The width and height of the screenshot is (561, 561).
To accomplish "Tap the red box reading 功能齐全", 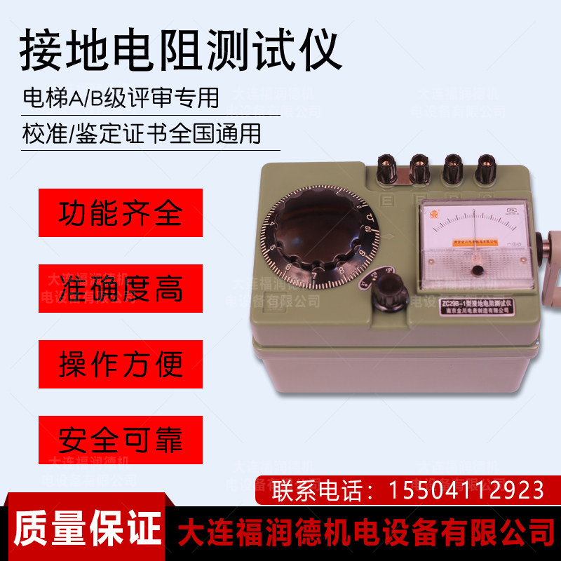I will (121, 212).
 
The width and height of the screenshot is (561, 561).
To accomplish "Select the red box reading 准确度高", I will (121, 288).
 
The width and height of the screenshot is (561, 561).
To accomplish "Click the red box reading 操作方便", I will (121, 364).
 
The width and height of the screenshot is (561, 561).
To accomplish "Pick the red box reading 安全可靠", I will (121, 440).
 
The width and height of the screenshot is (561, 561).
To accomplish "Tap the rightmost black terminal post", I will (485, 168).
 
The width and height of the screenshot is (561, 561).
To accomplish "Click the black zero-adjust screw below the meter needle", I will (477, 270).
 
